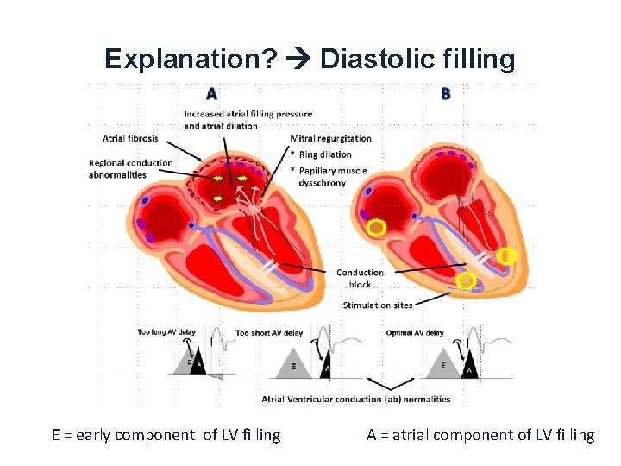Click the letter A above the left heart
[x=211, y=93]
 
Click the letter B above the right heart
[x=445, y=93]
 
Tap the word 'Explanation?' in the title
[x=191, y=59]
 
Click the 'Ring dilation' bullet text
[x=325, y=154]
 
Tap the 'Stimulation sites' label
[x=378, y=305]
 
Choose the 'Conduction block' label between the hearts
[x=360, y=278]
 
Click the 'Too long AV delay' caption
[x=166, y=332]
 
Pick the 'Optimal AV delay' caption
[x=416, y=332]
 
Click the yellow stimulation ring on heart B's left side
[x=376, y=228]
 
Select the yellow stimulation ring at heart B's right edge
[x=508, y=255]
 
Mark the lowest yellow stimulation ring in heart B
[x=466, y=280]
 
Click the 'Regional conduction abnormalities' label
[x=130, y=168]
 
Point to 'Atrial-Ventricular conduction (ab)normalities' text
[x=355, y=399]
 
